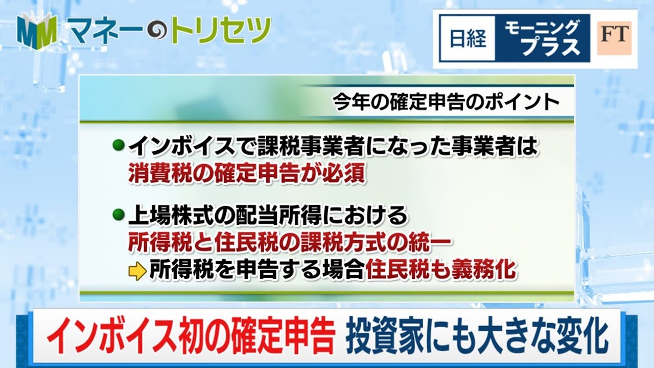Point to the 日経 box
tap(468, 38)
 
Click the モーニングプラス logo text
tap(542, 38)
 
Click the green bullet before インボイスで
tap(118, 145)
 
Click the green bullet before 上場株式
tap(118, 215)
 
